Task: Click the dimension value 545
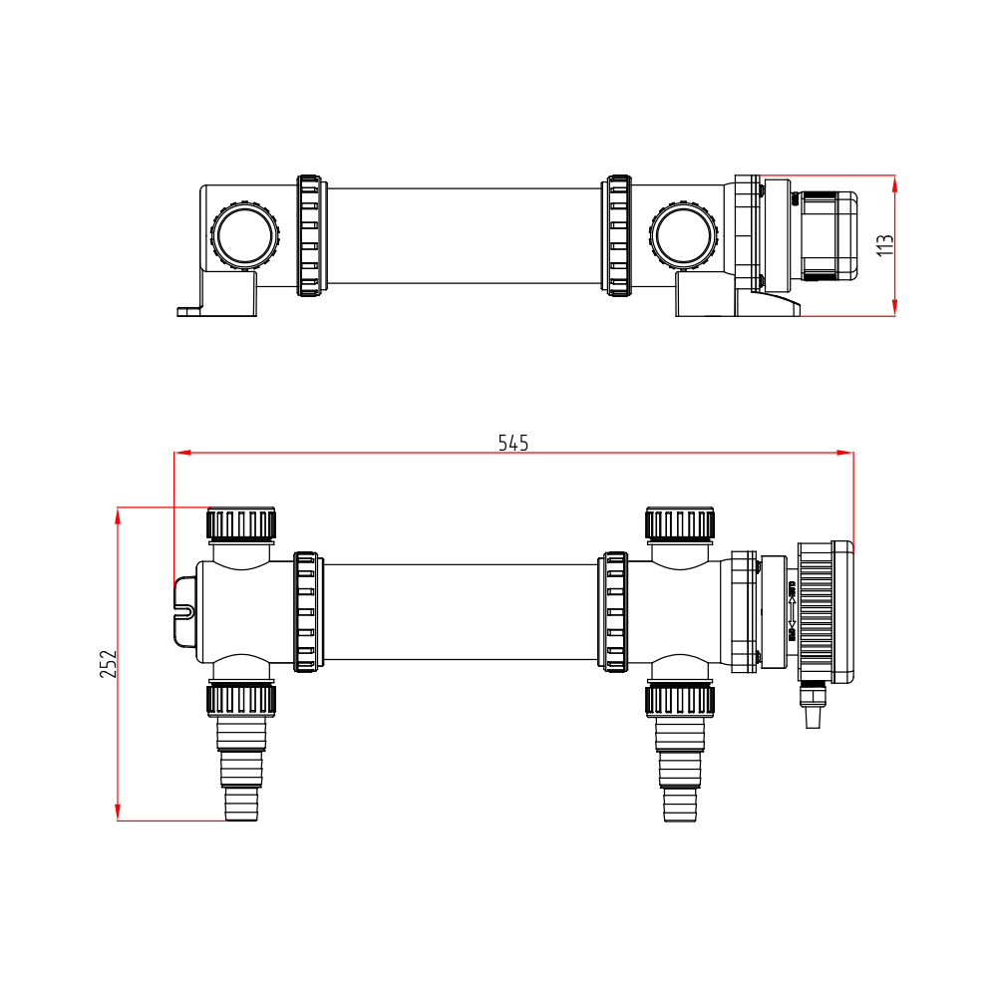513,443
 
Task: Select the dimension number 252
109,664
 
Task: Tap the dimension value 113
884,245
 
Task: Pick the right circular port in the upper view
684,237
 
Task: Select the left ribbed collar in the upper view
310,236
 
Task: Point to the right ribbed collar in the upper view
618,236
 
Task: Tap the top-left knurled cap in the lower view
240,523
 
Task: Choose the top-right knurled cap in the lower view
680,523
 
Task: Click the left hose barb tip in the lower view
241,804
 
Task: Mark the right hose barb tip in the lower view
680,804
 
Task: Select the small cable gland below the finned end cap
813,704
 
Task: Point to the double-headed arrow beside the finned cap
792,613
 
